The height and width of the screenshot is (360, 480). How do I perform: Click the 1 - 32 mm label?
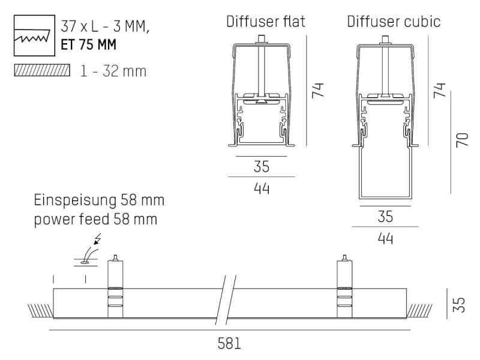point(113,71)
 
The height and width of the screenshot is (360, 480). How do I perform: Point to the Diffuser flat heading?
point(265,22)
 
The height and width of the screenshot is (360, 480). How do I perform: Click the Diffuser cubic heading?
point(394,22)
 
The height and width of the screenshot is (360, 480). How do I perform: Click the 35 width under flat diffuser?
point(262,167)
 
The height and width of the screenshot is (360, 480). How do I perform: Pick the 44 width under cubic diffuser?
point(385,238)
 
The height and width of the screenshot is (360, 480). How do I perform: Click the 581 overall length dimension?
point(229,344)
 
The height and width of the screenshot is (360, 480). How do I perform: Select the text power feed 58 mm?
point(95,219)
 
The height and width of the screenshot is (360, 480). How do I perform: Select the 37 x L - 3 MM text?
point(106,26)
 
